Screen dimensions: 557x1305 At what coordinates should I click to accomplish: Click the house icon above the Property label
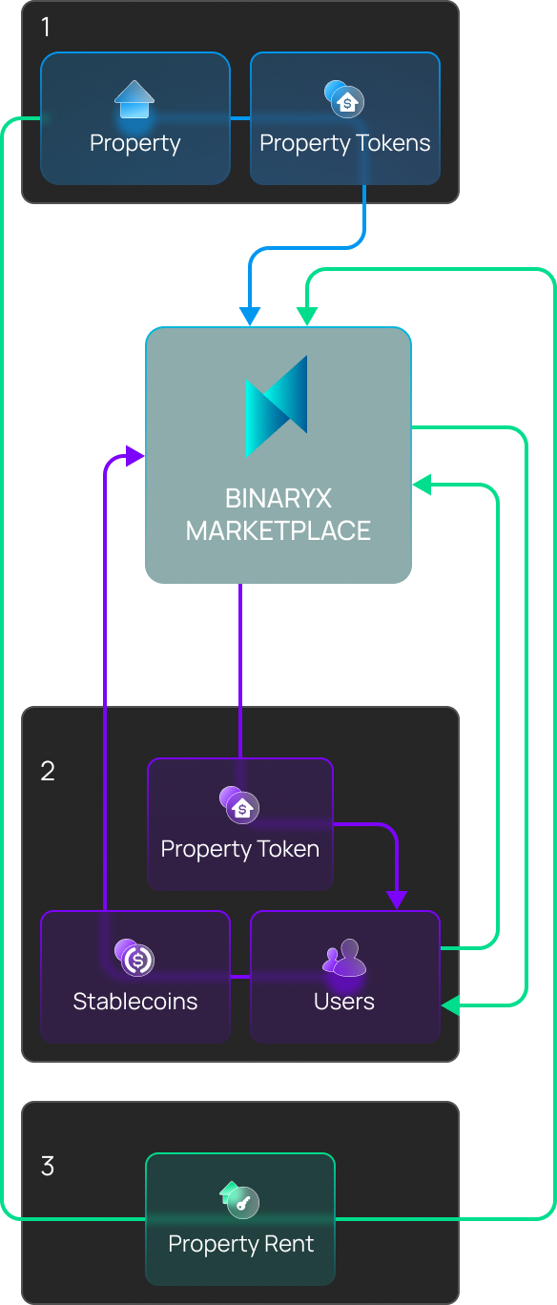(x=134, y=99)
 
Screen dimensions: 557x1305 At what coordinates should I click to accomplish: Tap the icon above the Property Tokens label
(x=344, y=99)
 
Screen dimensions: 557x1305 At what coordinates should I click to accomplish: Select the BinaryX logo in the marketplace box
(x=277, y=406)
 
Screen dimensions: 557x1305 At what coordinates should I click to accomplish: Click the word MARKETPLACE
(x=278, y=530)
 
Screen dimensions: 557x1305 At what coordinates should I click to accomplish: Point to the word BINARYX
(x=278, y=499)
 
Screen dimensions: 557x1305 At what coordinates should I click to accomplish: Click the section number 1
(x=46, y=27)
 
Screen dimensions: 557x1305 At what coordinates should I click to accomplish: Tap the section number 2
(x=48, y=772)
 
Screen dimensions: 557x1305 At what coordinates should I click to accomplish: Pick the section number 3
(x=48, y=1167)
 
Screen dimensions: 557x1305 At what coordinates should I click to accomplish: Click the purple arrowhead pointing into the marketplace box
(x=134, y=456)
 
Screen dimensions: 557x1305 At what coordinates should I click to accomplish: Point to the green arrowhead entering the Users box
(x=450, y=1005)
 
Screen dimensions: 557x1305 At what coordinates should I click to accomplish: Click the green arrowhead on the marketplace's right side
(x=422, y=485)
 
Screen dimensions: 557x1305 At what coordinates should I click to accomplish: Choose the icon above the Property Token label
(x=239, y=805)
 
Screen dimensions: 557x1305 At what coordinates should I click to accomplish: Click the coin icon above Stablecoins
(x=134, y=957)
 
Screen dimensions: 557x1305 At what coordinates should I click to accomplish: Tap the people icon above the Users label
(x=344, y=957)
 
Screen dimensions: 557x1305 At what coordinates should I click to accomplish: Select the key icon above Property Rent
(x=239, y=1200)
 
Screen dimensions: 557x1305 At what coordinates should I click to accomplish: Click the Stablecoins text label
(x=135, y=1002)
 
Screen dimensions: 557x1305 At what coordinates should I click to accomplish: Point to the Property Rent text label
(x=241, y=1244)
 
